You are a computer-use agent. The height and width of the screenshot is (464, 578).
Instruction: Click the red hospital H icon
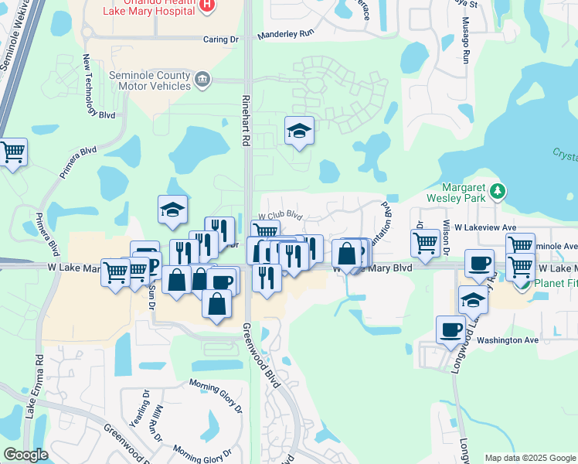tap(206, 5)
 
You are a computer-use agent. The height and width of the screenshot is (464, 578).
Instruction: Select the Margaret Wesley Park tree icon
tap(498, 190)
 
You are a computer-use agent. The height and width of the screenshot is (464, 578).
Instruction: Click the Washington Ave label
tap(507, 339)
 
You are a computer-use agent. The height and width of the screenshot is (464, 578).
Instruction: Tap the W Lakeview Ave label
tap(484, 227)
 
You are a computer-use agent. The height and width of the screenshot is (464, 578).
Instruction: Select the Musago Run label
tap(465, 46)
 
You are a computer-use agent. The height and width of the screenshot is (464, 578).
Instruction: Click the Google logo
tap(25, 454)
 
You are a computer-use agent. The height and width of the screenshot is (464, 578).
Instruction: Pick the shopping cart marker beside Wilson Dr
tap(425, 242)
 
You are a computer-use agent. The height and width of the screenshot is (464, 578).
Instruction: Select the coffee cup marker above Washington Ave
tap(450, 329)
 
